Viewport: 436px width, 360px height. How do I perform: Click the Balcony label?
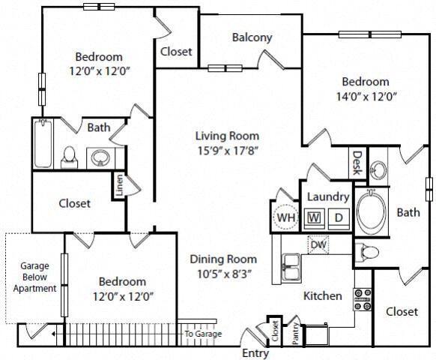(251, 37)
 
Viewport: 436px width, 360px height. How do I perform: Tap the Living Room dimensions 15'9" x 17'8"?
(227, 150)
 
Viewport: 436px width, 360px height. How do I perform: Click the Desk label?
(358, 161)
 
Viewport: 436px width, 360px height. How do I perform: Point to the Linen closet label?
(118, 186)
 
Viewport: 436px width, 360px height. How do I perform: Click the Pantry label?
(296, 332)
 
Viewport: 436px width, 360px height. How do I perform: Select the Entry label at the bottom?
(255, 353)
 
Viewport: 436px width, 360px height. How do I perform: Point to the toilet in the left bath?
(70, 155)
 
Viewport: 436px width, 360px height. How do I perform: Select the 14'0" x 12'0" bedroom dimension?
(366, 95)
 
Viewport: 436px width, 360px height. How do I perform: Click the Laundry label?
(327, 196)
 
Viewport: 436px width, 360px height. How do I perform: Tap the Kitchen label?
(322, 295)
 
